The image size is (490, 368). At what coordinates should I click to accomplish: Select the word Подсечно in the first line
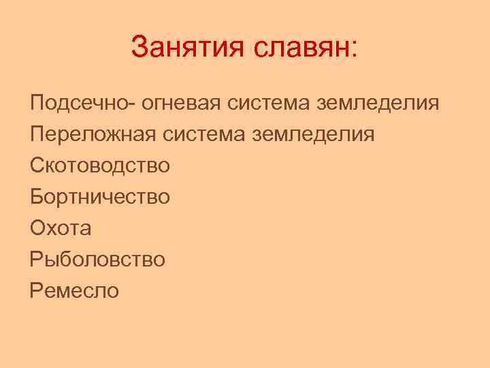pos(81,104)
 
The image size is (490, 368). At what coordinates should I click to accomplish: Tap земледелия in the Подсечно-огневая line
pos(378,104)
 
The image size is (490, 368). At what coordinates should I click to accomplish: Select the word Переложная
pos(93,134)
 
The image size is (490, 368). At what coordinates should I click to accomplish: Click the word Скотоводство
pos(100,165)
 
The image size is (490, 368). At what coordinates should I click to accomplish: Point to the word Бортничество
pos(100,196)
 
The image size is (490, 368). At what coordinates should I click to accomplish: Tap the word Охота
pos(61,228)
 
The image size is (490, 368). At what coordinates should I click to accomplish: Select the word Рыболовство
pos(97,259)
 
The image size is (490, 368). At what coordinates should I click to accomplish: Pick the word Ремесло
pos(74,290)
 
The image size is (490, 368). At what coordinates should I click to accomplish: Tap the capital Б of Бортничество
pos(37,196)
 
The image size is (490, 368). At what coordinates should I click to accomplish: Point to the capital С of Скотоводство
pos(38,165)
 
